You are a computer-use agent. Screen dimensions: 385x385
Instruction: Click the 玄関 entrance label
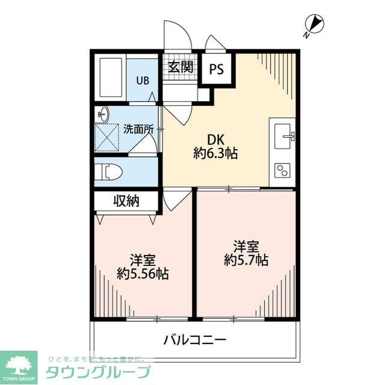[x=180, y=66]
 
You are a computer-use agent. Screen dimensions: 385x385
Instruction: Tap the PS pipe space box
[x=216, y=69]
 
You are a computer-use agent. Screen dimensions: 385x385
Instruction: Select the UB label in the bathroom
[x=142, y=80]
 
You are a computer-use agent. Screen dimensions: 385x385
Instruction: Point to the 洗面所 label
[x=138, y=128]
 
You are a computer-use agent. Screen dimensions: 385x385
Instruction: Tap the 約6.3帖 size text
[x=215, y=153]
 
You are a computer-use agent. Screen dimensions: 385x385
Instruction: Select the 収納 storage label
[x=126, y=201]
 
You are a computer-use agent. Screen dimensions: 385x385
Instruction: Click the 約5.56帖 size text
[x=143, y=274]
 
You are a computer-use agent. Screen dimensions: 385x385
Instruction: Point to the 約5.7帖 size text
[x=246, y=260]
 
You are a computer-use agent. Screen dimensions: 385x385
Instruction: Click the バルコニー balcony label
[x=195, y=340]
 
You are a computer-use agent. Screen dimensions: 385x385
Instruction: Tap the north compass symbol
[x=315, y=25]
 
